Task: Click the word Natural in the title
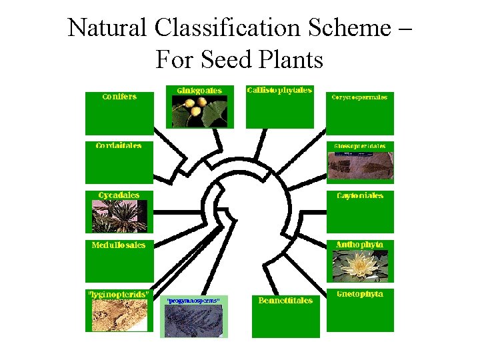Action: click(108, 28)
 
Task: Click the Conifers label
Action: click(119, 97)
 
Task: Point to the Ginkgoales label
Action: click(199, 90)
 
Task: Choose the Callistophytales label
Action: click(279, 90)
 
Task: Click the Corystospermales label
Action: click(359, 97)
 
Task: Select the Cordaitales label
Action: click(119, 145)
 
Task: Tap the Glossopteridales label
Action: click(360, 145)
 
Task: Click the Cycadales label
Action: click(119, 195)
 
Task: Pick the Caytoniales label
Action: click(360, 195)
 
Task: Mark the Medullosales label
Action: click(119, 245)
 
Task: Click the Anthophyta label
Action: click(360, 244)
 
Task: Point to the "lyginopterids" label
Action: click(119, 293)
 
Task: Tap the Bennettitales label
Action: click(285, 300)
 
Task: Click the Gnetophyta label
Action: click(360, 293)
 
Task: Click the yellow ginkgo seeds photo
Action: click(194, 110)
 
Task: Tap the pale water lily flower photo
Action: click(359, 265)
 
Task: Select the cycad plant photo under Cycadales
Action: click(119, 215)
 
